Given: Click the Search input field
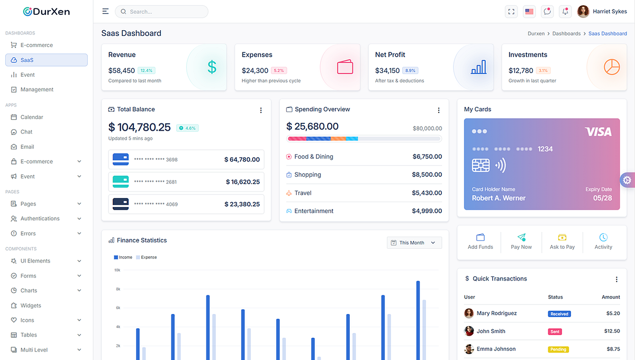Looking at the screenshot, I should point(161,12).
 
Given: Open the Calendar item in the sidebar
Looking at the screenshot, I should point(32,117).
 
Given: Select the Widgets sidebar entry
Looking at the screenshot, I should point(31,305).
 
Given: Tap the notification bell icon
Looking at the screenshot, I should point(566,12).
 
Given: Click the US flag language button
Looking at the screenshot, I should point(529,12).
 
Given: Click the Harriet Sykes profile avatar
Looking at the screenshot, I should point(583,12).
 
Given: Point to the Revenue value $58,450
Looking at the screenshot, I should point(122,70).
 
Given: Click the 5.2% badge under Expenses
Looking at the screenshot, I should point(279,70).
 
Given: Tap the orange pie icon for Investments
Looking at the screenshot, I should point(612,67).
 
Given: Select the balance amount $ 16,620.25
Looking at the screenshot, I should point(242,182).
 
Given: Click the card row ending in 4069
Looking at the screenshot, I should point(186,204).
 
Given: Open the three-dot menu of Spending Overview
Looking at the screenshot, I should point(439,110).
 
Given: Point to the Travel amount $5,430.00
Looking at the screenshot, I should point(427,193).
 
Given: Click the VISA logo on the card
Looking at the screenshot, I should point(598,132).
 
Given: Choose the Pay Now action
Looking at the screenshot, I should point(521,241).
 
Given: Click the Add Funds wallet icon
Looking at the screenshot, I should point(480,237).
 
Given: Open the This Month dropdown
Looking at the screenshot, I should point(414,242).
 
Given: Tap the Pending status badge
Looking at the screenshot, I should point(558,349).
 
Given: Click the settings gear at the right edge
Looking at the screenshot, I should point(627,180).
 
